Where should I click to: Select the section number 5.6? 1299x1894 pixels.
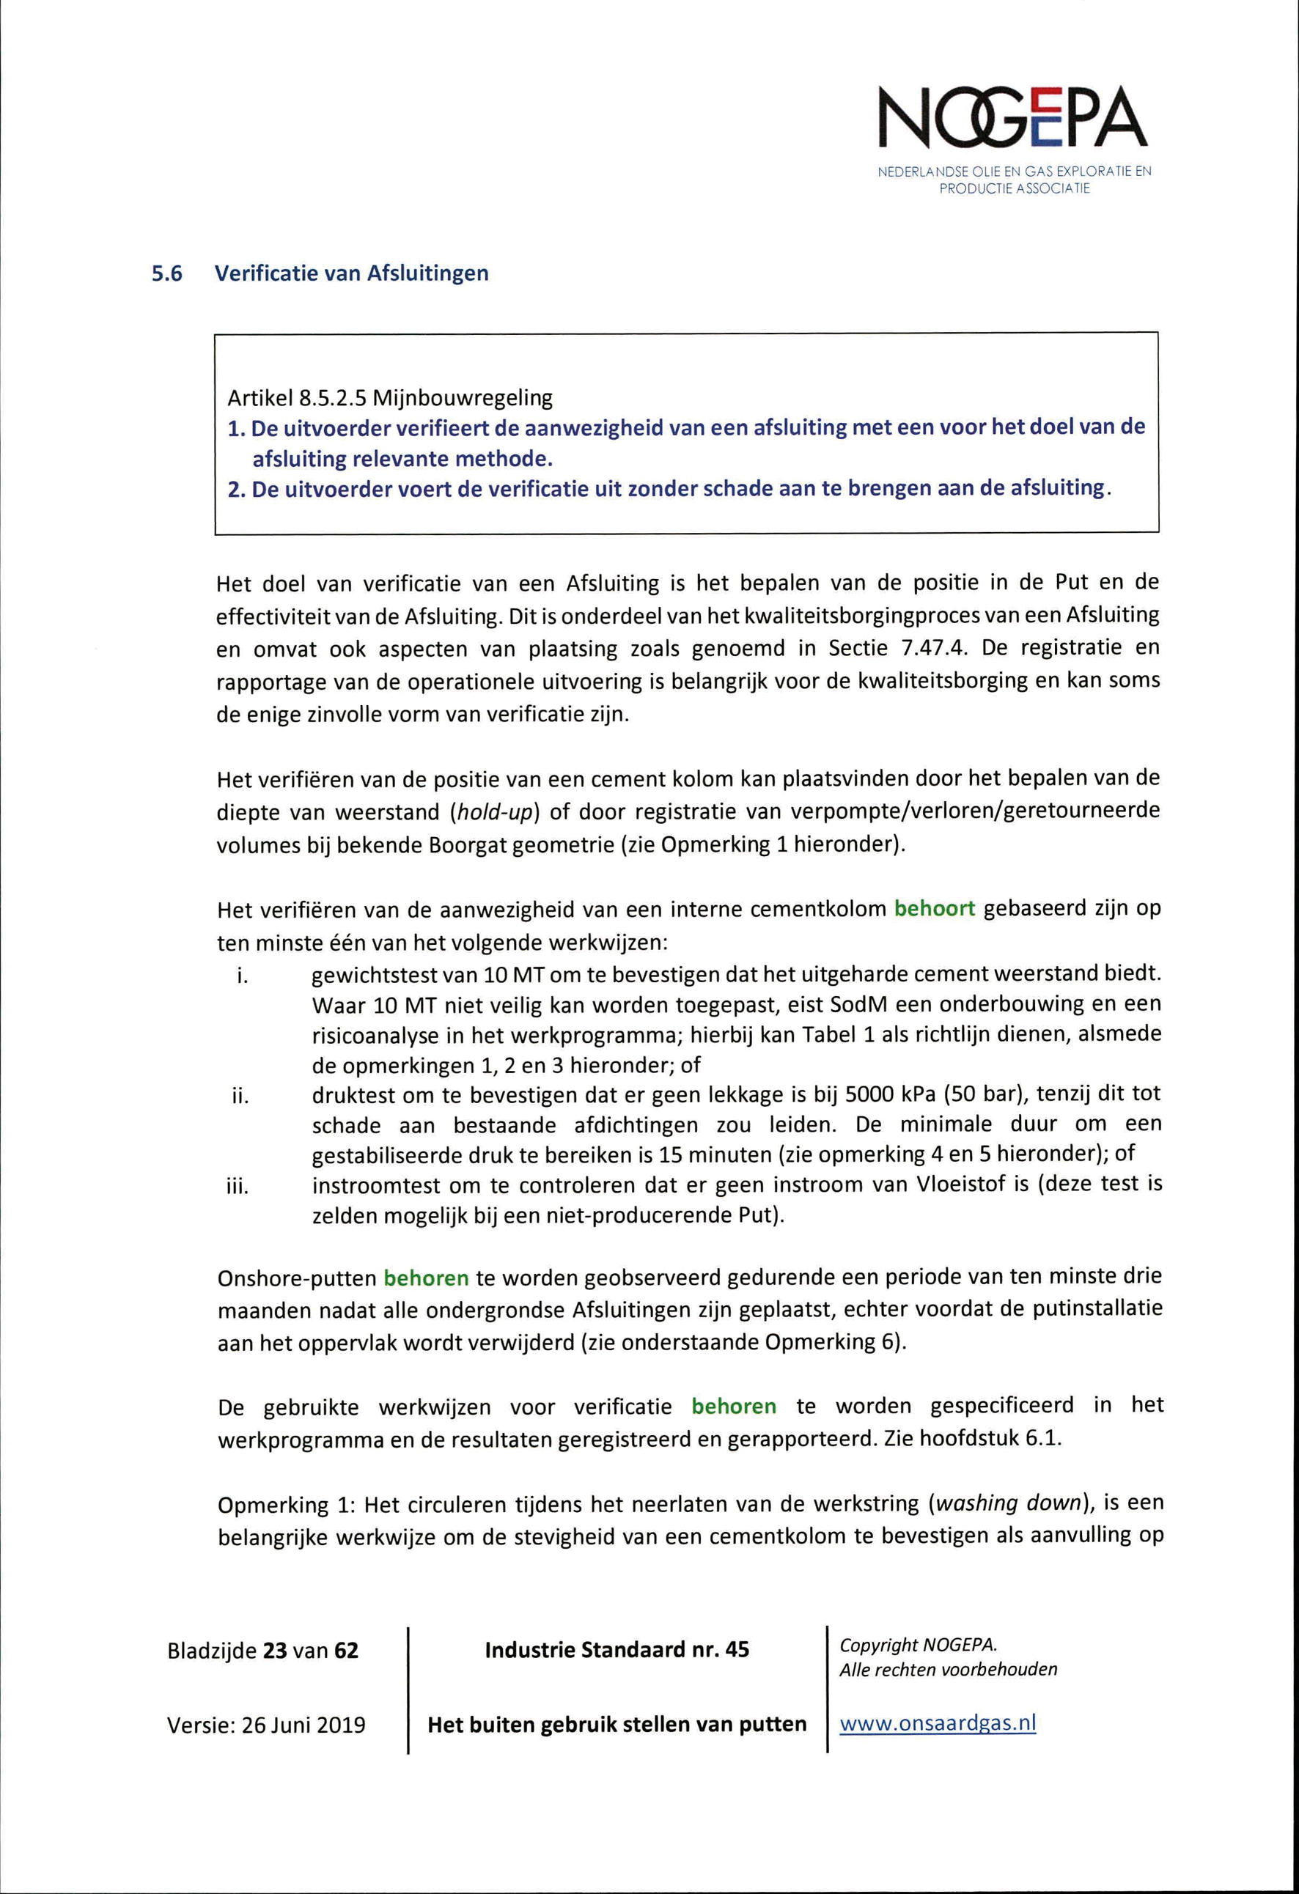click(167, 274)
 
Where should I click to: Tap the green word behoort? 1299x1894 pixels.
click(934, 909)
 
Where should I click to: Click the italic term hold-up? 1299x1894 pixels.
click(489, 813)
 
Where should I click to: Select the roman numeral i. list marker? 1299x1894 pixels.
click(242, 976)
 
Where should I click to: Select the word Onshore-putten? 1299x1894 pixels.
click(296, 1278)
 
